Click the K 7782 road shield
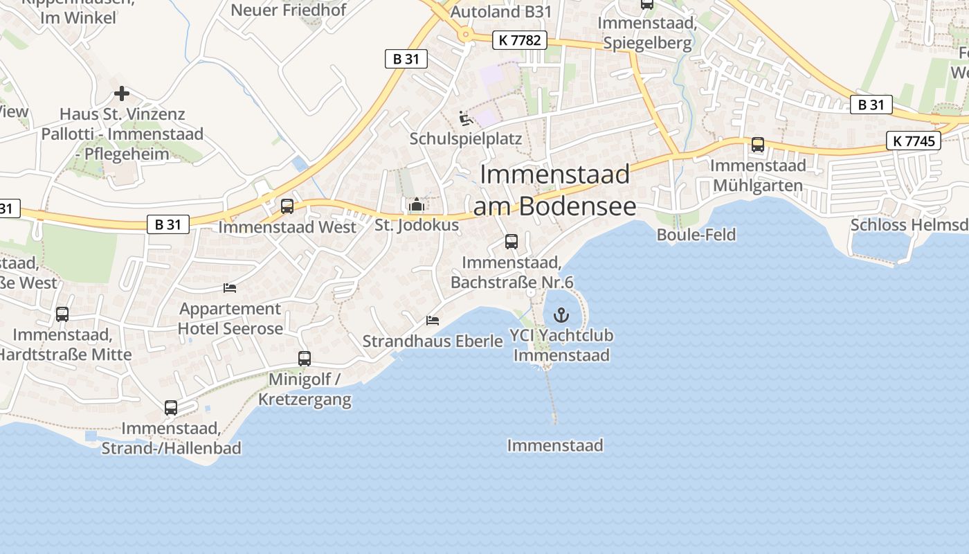[x=519, y=40]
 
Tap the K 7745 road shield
[x=914, y=141]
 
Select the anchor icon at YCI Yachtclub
[x=561, y=316]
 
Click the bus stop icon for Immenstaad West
[x=287, y=206]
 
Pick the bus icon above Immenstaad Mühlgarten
[x=758, y=145]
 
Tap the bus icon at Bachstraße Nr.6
[x=511, y=242]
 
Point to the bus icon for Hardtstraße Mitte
[x=62, y=314]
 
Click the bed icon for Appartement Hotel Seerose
[x=230, y=288]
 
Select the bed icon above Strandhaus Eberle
[x=433, y=321]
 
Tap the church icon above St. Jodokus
[x=416, y=205]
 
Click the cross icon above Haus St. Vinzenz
[x=122, y=93]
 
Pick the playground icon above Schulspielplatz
[x=466, y=118]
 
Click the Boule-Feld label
[x=696, y=235]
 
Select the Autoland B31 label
[x=501, y=11]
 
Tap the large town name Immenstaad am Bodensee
[x=554, y=190]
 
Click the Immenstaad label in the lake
[x=554, y=445]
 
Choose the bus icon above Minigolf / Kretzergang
[x=305, y=359]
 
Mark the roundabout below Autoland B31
[x=467, y=33]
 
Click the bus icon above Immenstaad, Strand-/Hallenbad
[x=171, y=408]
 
